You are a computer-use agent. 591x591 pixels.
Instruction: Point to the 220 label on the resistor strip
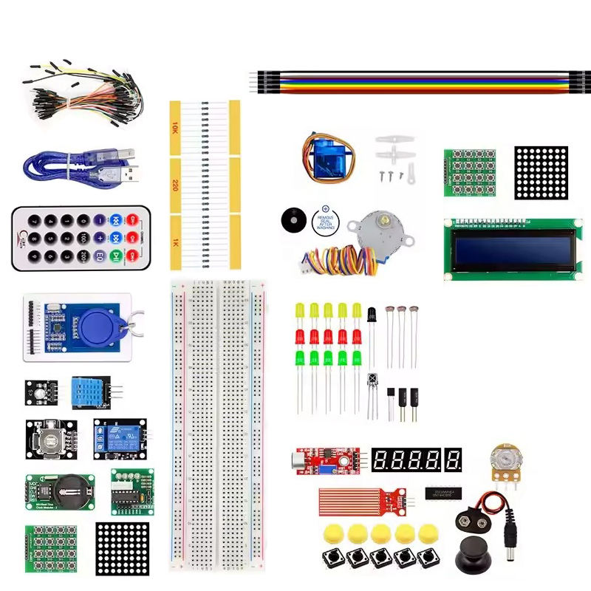pyautogui.click(x=175, y=185)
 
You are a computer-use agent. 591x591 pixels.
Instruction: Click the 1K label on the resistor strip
pyautogui.click(x=175, y=242)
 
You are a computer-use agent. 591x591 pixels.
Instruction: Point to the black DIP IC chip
pyautogui.click(x=443, y=492)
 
